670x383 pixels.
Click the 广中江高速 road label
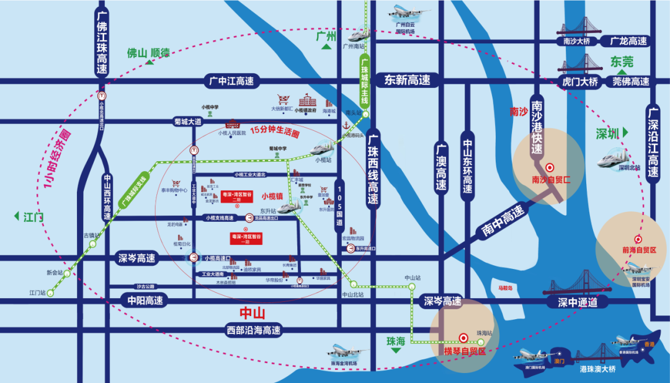tap(231, 81)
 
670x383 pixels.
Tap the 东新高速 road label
tap(407, 80)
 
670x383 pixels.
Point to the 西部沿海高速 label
tap(254, 330)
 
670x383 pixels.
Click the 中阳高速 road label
tap(141, 301)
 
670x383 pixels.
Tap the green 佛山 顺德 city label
tap(148, 53)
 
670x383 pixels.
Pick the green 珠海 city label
tap(396, 341)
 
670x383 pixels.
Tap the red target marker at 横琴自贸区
tap(463, 338)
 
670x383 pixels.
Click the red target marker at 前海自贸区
tap(637, 240)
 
